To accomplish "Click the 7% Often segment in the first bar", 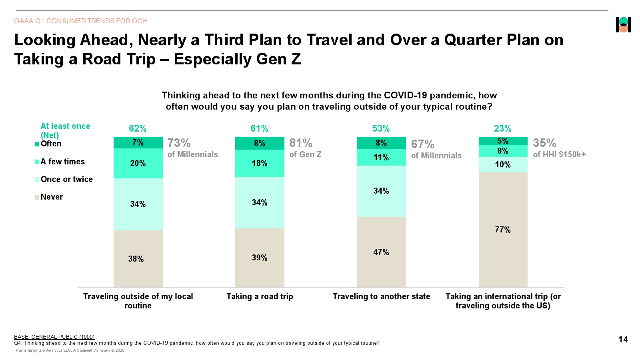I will tap(138, 143).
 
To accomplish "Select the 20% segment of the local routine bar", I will tap(138, 163).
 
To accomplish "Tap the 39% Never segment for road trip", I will tap(260, 258).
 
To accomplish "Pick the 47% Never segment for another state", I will tap(381, 252).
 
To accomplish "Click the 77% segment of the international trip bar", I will tap(503, 230).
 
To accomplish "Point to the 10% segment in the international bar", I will tap(503, 164).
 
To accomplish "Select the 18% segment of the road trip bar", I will tap(260, 163).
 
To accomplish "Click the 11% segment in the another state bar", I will tap(381, 157).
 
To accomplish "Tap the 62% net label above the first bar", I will tap(138, 128).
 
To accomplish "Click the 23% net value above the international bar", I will tap(502, 128).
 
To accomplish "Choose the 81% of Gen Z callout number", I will tap(301, 143).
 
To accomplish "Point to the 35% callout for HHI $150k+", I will tap(544, 143).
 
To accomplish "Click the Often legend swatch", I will tap(37, 144).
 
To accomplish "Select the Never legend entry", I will tap(52, 197).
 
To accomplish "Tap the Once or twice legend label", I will tap(67, 179).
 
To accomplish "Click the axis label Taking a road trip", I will tap(260, 296).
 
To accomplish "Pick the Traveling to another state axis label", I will tap(381, 296).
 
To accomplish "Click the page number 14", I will tap(623, 340).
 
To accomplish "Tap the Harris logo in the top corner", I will tap(623, 25).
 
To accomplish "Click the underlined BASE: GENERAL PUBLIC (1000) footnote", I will tap(54, 337).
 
